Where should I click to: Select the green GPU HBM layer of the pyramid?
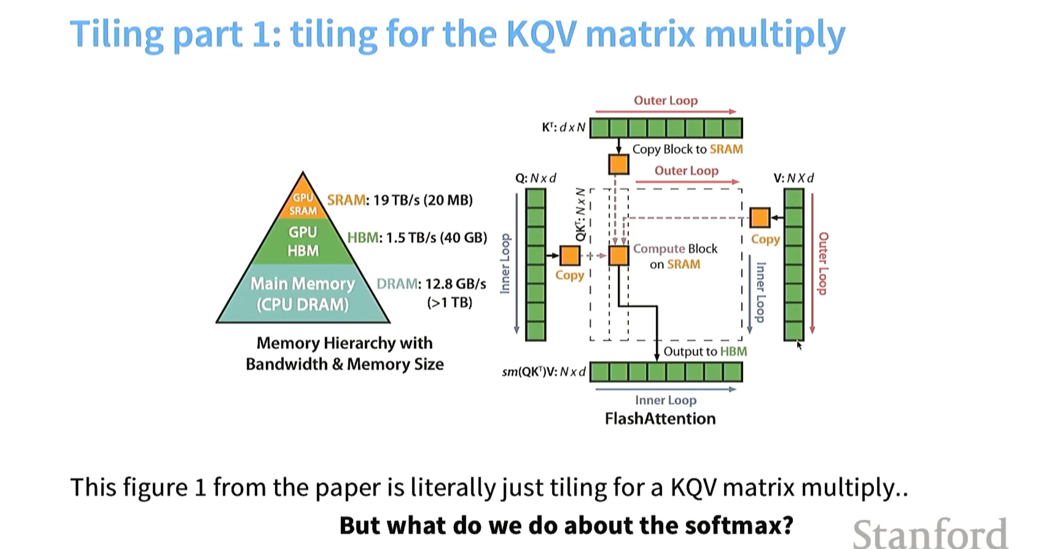coord(303,241)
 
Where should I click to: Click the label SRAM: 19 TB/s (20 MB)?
coord(400,200)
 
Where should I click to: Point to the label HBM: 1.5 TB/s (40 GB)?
coord(417,238)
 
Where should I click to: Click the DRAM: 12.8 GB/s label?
coord(431,284)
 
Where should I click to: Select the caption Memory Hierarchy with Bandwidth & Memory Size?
coord(344,354)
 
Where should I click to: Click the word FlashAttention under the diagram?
coord(660,419)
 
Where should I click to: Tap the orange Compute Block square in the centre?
coord(619,256)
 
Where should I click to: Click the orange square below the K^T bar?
coord(619,165)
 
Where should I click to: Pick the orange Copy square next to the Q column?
coord(570,256)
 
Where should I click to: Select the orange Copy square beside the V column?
coord(760,218)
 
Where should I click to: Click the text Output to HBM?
coord(705,352)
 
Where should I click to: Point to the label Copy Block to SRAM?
coord(688,149)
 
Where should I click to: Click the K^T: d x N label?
coord(564,127)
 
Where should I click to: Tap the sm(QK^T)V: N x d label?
coord(544,372)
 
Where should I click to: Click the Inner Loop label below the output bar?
coord(666,401)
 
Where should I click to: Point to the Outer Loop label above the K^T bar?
coord(666,100)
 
